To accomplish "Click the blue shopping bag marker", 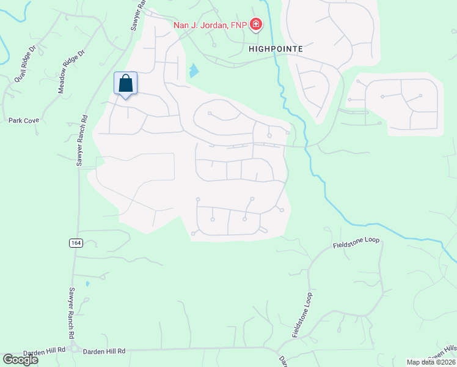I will pyautogui.click(x=125, y=84).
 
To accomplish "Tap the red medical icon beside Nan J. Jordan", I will pyautogui.click(x=257, y=24).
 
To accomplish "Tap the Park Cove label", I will pyautogui.click(x=24, y=120).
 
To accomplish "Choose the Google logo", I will pyautogui.click(x=20, y=360).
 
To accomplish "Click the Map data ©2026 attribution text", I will pyautogui.click(x=431, y=362).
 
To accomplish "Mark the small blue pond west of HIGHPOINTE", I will pyautogui.click(x=194, y=71).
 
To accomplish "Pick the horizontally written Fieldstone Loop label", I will pyautogui.click(x=356, y=243).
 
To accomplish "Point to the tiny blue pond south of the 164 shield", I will pyautogui.click(x=87, y=284).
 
